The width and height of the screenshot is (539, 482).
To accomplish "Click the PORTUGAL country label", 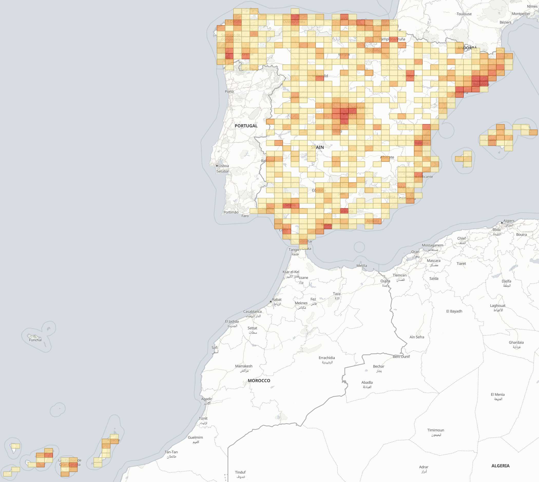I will [246, 126].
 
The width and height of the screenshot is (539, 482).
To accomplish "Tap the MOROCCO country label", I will [259, 380].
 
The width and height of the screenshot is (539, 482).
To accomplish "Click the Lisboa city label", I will [224, 166].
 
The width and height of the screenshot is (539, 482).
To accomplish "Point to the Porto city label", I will [229, 91].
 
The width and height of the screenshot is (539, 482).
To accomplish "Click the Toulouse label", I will [464, 14].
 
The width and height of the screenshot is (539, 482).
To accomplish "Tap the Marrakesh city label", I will [244, 366].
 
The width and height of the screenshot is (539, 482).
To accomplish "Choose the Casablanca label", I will [252, 312].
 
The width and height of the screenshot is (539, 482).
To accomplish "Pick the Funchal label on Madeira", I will [35, 340].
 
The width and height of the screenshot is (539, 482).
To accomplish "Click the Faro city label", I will [245, 216].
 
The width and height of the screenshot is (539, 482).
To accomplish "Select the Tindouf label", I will [240, 472].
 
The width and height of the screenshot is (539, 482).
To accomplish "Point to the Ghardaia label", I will [516, 343].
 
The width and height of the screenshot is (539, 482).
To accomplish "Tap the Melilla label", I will [362, 266].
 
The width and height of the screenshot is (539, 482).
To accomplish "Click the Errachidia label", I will [327, 358].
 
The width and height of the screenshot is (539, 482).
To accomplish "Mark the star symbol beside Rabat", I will [271, 302].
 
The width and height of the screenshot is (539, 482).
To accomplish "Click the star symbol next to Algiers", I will [502, 223].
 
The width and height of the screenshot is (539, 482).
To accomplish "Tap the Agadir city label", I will [206, 399].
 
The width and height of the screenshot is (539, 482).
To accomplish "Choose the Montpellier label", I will [521, 14].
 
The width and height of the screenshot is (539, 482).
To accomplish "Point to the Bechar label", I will [378, 366].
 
